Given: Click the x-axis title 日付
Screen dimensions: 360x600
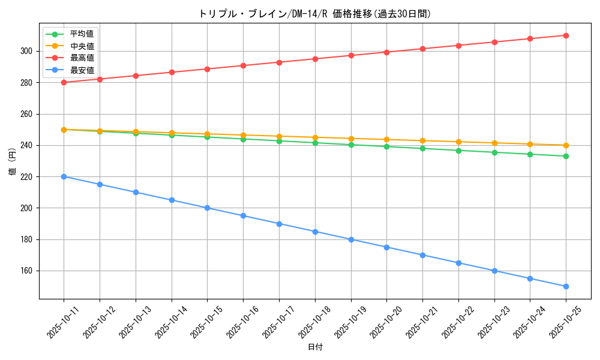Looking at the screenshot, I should [x=315, y=347].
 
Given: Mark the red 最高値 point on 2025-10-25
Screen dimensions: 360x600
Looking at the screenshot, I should [x=566, y=35].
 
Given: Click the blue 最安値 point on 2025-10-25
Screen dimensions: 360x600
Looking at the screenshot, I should [x=566, y=286].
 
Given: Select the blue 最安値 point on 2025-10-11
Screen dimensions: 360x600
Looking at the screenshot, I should [x=64, y=176].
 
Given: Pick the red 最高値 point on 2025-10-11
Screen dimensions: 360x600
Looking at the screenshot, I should [x=64, y=82].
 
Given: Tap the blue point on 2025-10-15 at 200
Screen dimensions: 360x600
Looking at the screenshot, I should [x=207, y=208].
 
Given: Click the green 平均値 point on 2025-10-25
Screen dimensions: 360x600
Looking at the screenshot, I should [x=566, y=156].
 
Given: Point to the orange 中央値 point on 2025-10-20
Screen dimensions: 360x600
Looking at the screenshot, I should [x=386, y=140].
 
